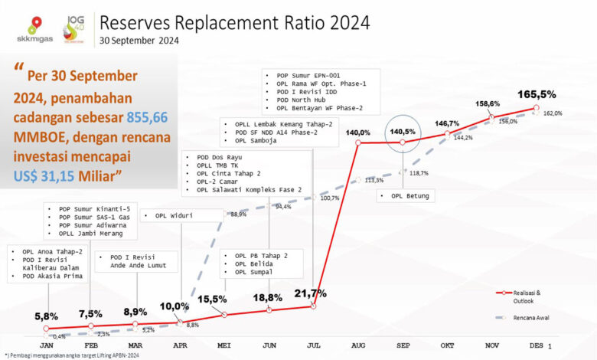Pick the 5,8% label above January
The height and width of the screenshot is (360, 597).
47,316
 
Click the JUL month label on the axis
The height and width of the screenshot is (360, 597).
314,345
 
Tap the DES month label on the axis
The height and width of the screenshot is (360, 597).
537,345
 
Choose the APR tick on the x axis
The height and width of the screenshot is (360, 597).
180,345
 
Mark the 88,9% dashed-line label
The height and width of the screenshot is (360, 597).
238,214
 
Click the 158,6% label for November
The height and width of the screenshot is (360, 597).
488,103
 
